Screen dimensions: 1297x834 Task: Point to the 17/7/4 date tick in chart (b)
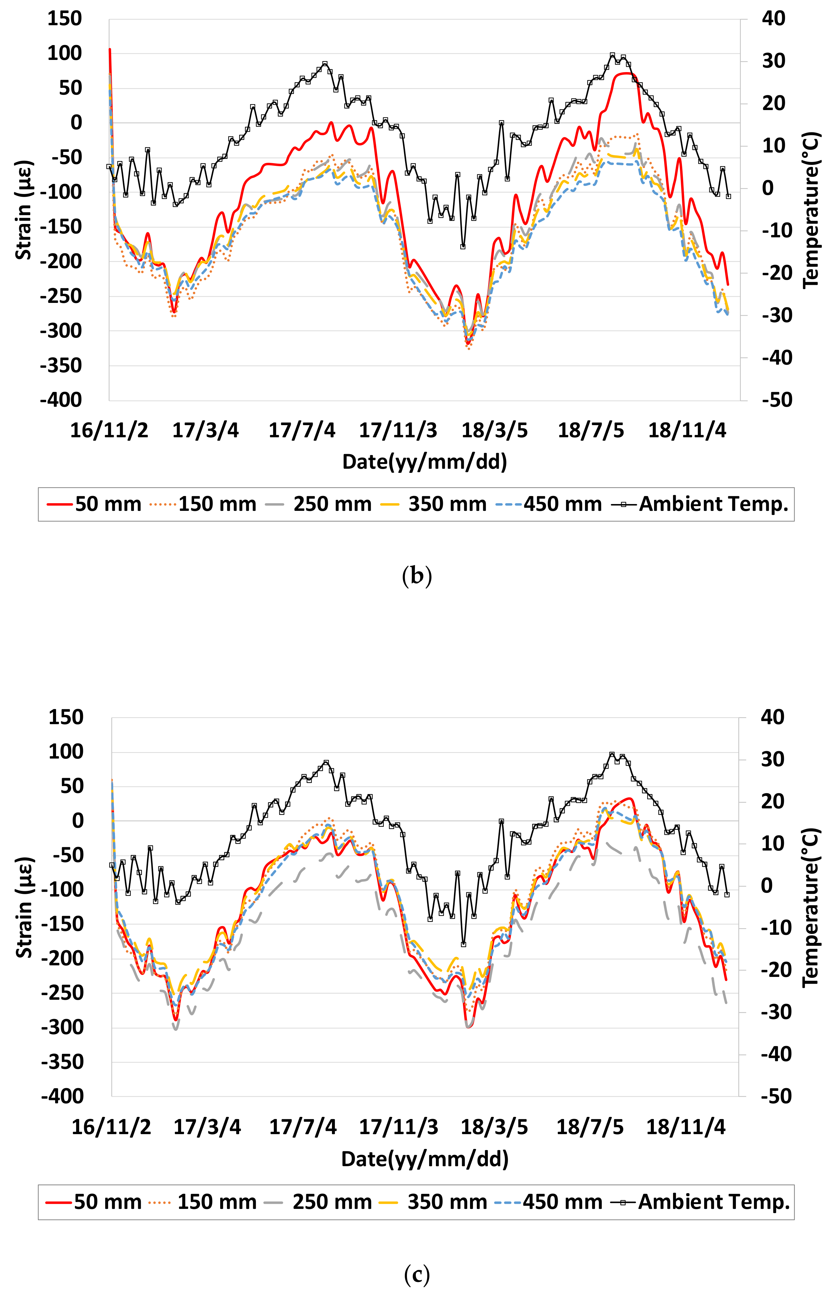302,430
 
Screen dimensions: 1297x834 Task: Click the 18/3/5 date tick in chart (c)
494,1127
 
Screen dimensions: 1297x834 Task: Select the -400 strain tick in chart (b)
61,400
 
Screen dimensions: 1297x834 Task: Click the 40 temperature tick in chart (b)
773,18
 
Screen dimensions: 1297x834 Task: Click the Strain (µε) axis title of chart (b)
23,210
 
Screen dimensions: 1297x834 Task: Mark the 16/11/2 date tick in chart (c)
111,1127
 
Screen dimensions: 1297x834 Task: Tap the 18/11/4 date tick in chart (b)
687,430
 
